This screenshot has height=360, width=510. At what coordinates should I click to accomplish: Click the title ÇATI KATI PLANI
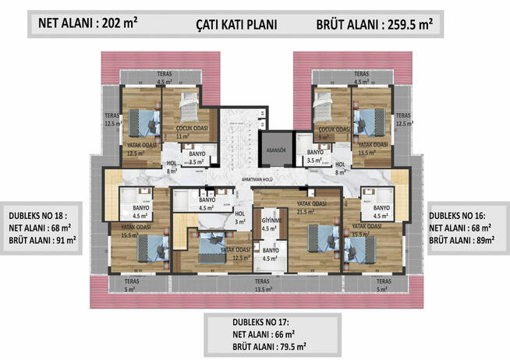click(x=236, y=24)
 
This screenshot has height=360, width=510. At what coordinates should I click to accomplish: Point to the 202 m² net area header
click(x=84, y=23)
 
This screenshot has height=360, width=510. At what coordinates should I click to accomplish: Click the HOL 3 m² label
click(x=240, y=217)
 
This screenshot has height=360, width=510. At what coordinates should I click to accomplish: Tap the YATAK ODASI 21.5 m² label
click(x=311, y=207)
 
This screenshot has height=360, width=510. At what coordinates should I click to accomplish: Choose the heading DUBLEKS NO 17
click(x=257, y=320)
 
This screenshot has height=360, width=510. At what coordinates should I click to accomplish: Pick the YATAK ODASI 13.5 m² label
click(x=372, y=148)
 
